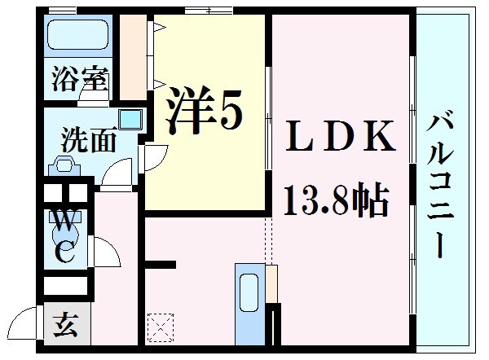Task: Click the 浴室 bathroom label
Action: coord(78,80)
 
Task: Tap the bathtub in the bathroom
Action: coord(78,35)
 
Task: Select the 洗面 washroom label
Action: coord(88,139)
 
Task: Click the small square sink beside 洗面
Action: coord(129,120)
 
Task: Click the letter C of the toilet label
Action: coord(66,253)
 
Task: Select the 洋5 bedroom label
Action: coord(205,112)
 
